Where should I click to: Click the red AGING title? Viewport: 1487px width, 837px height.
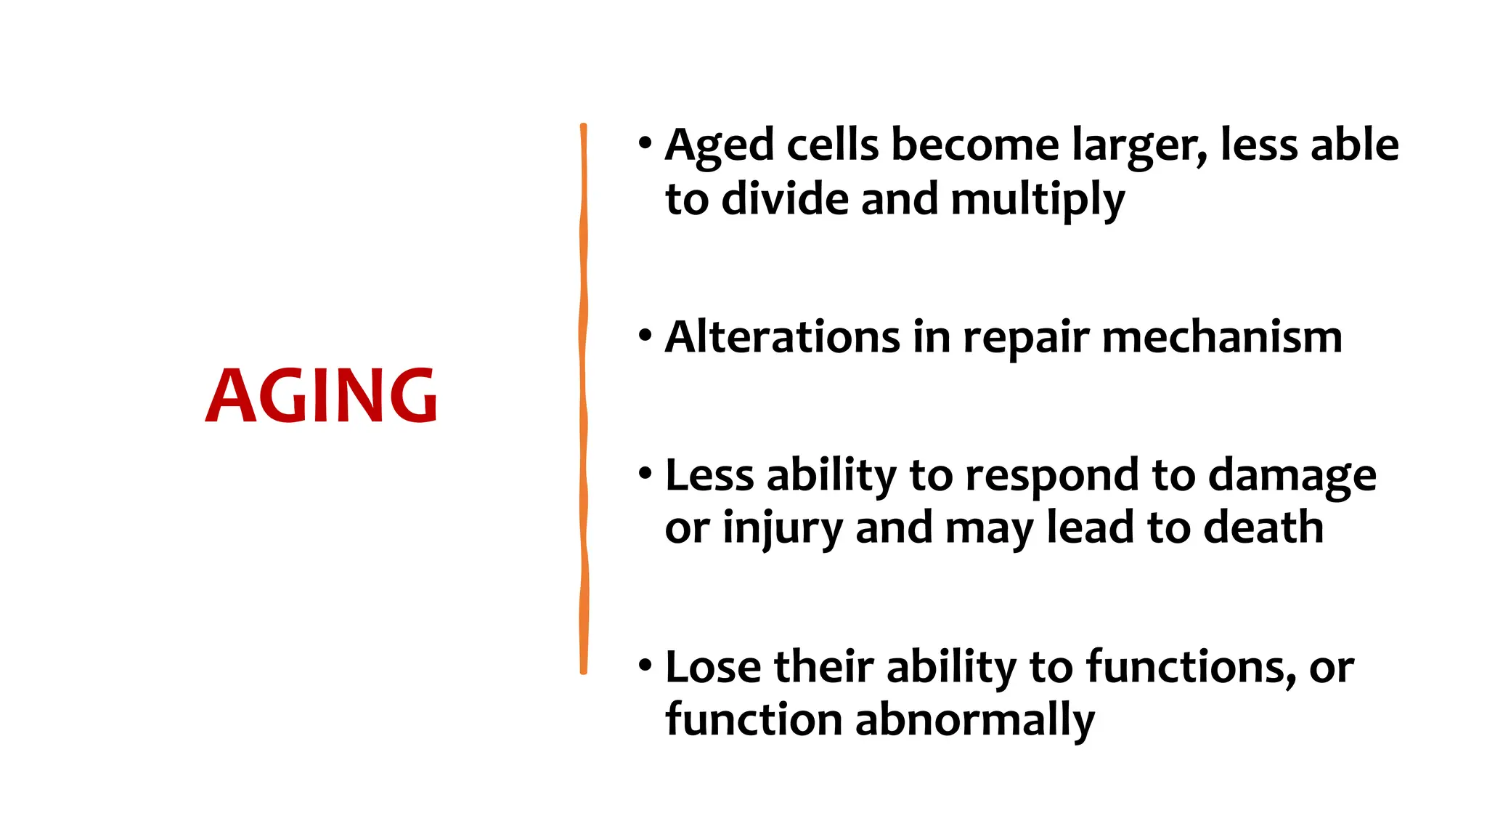click(x=321, y=395)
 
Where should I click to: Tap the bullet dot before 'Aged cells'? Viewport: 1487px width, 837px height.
click(x=645, y=144)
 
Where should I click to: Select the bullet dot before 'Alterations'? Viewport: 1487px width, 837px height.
click(x=645, y=336)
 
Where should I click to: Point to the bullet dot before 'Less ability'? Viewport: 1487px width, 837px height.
click(x=645, y=474)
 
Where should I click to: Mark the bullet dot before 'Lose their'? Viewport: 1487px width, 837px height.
click(x=645, y=666)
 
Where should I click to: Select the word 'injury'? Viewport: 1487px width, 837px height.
click(x=782, y=529)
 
